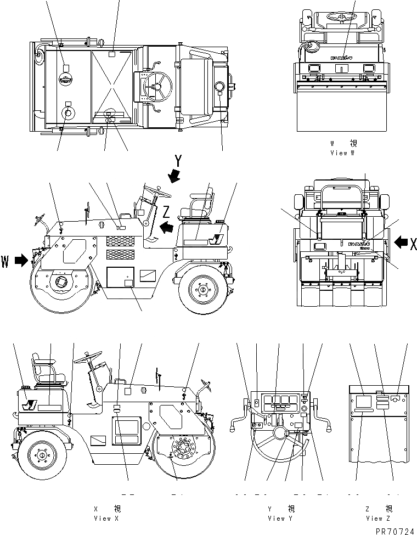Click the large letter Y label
click(178, 161)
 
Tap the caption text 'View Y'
click(280, 518)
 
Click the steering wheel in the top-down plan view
click(157, 86)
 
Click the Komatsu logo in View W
click(341, 57)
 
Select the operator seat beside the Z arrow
click(198, 211)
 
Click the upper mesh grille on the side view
click(119, 240)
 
